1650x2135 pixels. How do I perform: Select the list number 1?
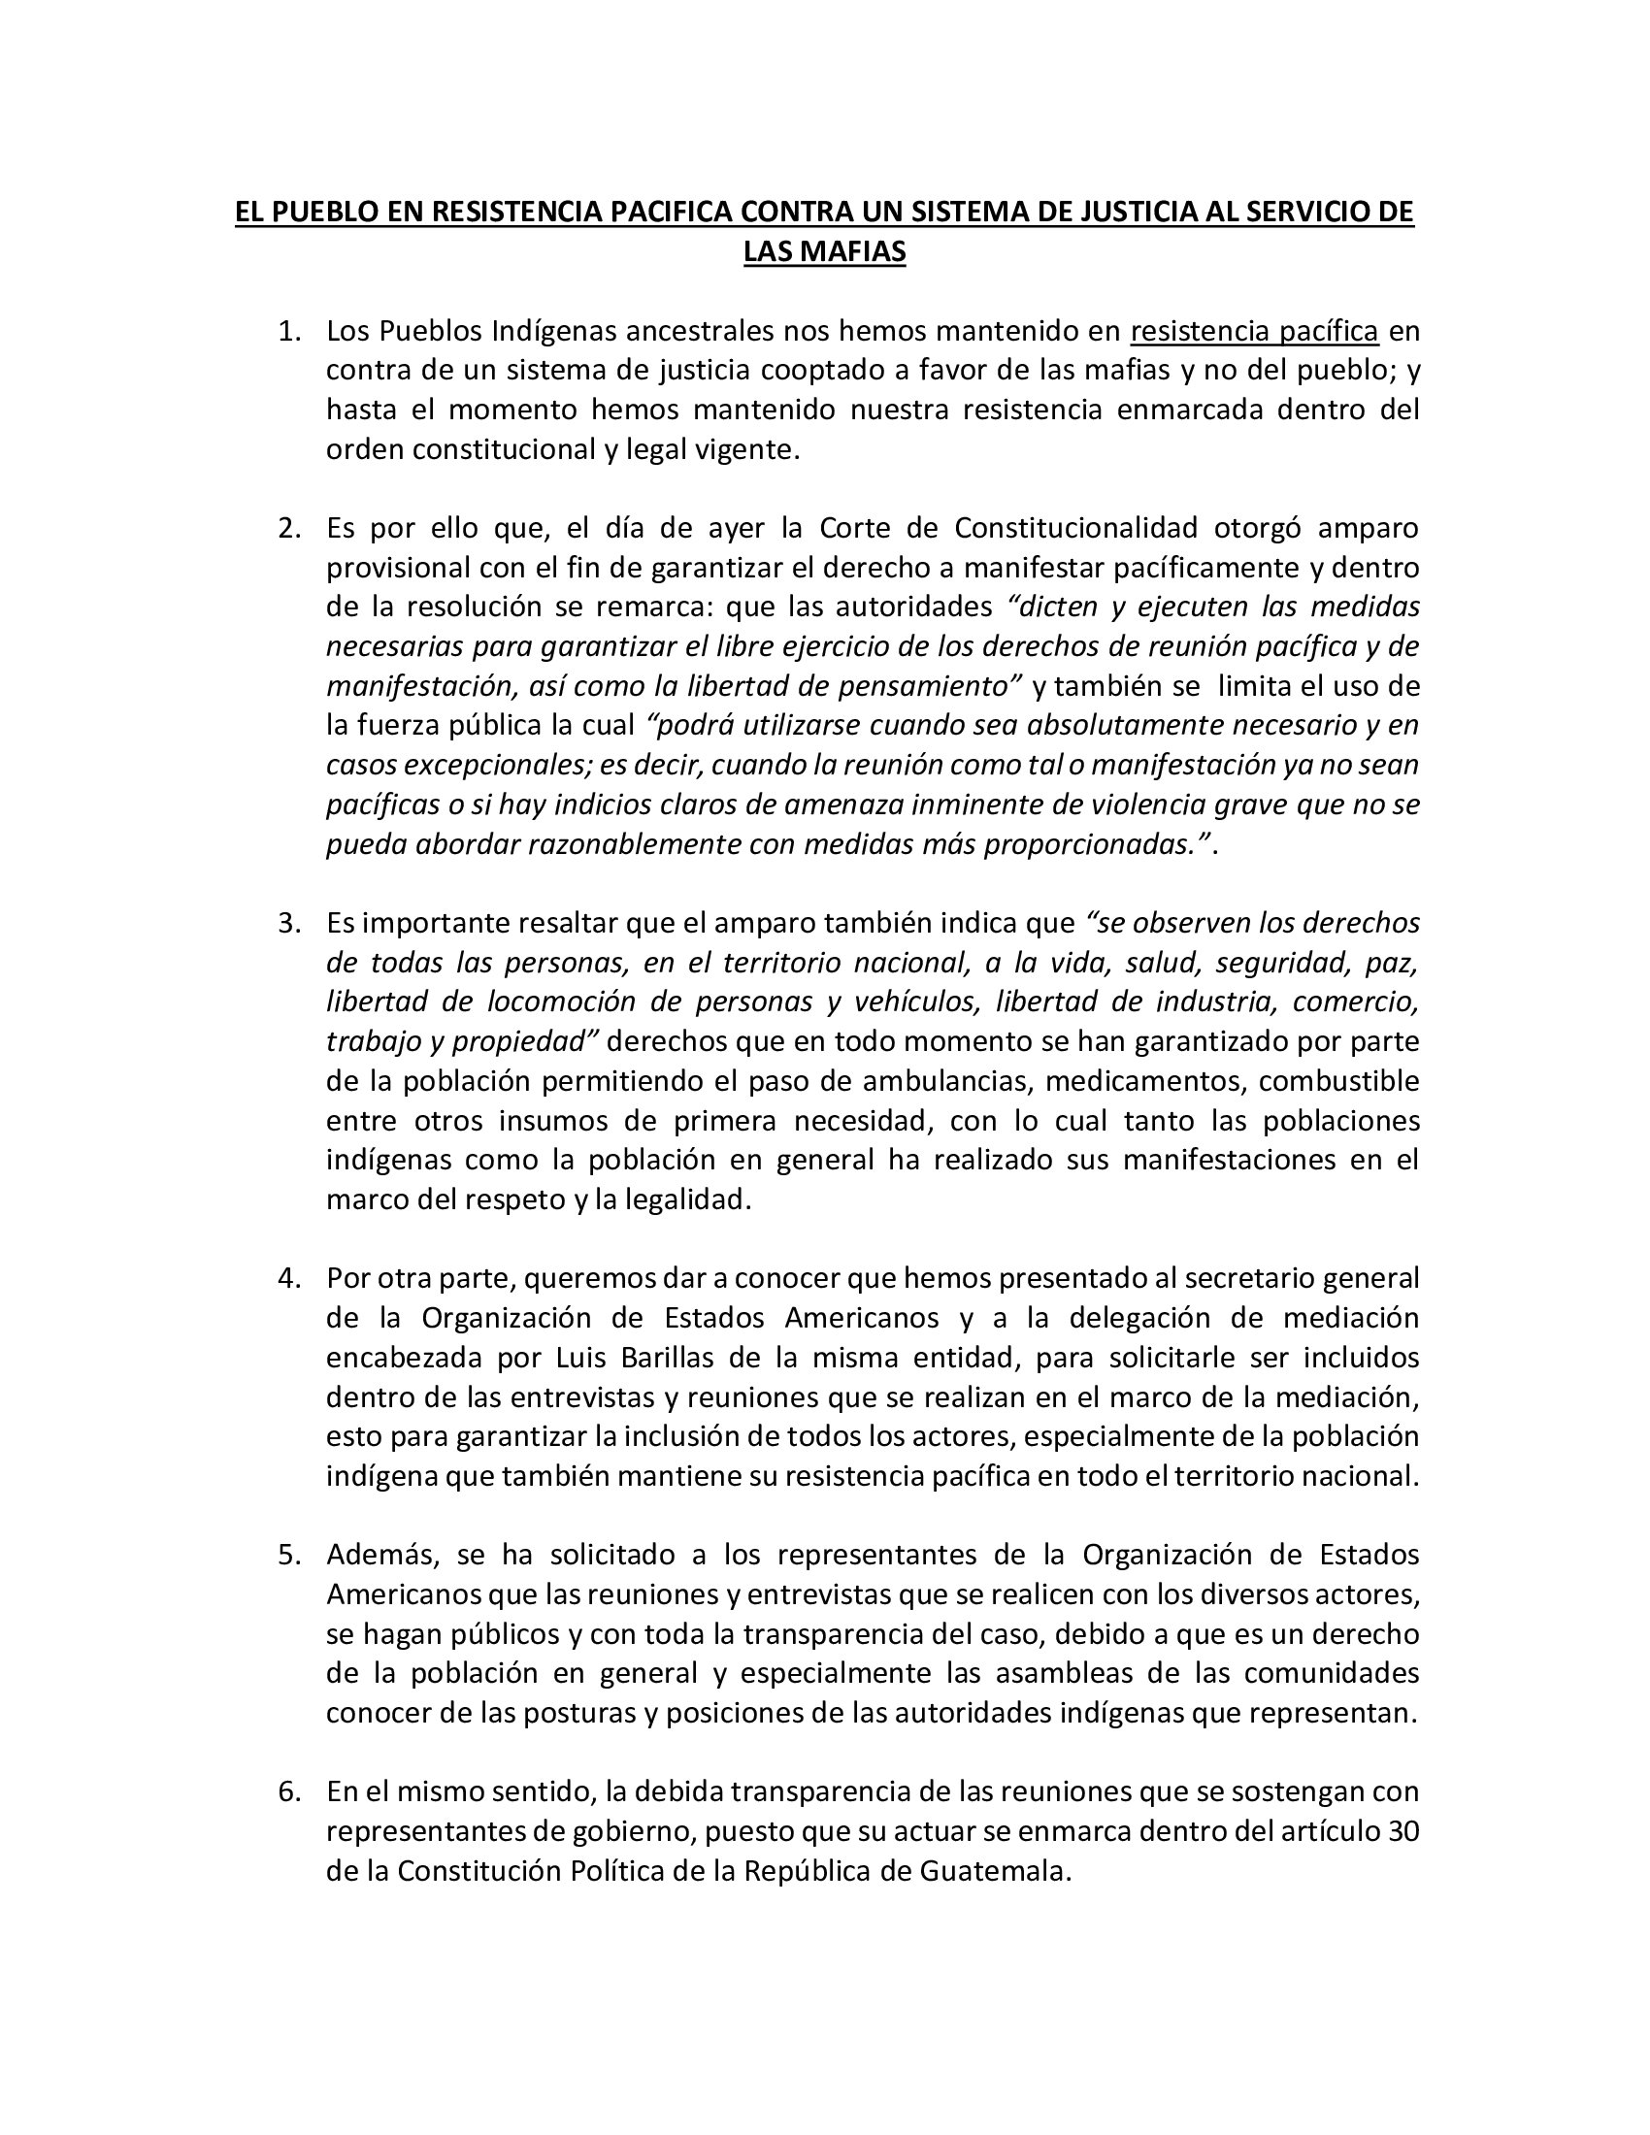point(287,331)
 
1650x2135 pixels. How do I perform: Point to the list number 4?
point(287,1278)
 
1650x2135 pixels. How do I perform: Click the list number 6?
point(287,1790)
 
